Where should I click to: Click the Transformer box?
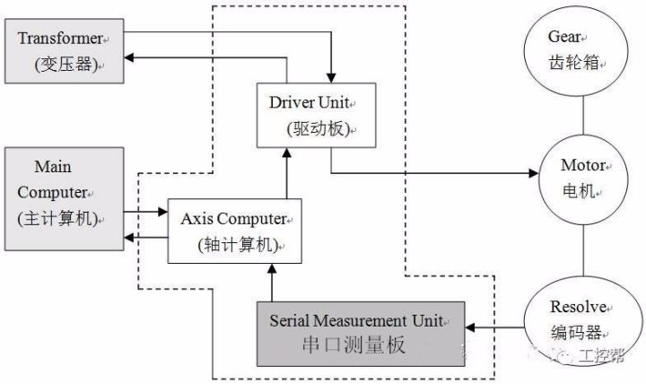pos(61,53)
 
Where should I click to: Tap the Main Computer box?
pos(60,193)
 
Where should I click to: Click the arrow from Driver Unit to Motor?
pos(431,173)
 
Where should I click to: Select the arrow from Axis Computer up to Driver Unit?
pos(287,173)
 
